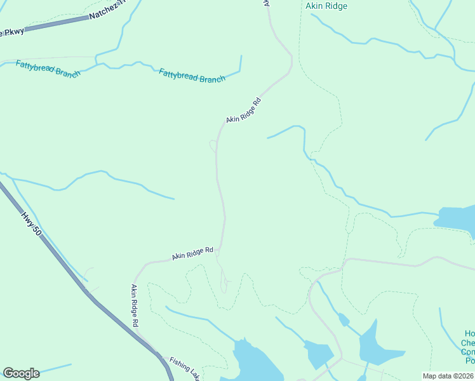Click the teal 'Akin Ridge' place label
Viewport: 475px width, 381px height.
[326, 6]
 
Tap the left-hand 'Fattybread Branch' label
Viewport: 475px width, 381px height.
[48, 69]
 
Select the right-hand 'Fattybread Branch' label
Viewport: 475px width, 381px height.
[192, 76]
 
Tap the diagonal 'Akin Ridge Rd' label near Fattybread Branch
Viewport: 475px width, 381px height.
[244, 111]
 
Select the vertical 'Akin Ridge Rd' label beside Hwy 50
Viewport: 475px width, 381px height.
[135, 305]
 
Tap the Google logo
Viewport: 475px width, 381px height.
[21, 373]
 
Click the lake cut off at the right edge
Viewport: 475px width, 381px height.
[457, 218]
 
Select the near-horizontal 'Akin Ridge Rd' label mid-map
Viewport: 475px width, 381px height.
[192, 254]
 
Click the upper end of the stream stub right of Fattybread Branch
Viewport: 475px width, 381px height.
[241, 57]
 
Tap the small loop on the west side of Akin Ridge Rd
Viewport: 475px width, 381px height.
[213, 146]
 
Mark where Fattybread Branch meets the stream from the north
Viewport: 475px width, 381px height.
[96, 63]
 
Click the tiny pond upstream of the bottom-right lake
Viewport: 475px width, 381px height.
[344, 319]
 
